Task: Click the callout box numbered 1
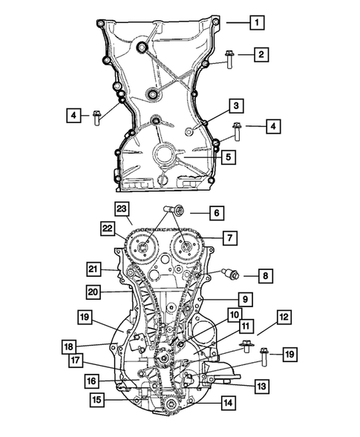click(x=257, y=22)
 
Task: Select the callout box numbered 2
click(x=261, y=54)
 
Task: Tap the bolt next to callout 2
click(x=229, y=59)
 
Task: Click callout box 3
click(x=236, y=106)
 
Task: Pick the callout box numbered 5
click(x=229, y=157)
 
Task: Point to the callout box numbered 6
click(x=217, y=213)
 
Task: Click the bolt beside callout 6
click(x=173, y=209)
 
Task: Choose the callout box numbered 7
click(x=230, y=238)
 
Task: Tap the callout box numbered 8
click(x=265, y=276)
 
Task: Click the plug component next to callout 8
click(x=230, y=274)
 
